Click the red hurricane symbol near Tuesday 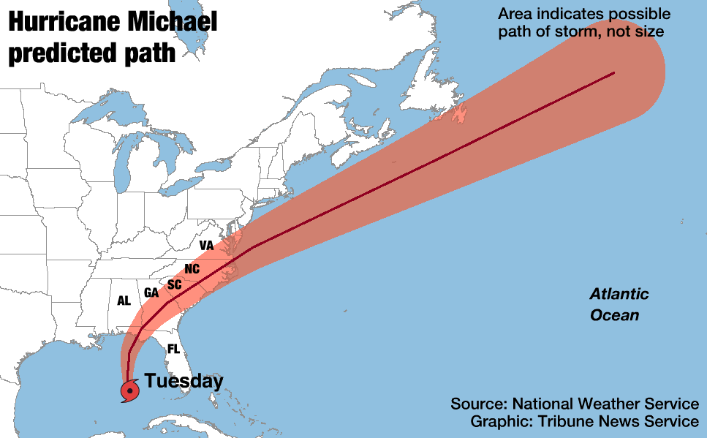129,391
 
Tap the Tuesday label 184,381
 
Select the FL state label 173,349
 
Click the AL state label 124,300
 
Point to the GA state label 151,292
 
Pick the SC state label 174,284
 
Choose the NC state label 192,269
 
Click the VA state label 206,246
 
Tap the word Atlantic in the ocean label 619,295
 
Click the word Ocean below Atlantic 615,315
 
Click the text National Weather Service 605,404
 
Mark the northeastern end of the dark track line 613,73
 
